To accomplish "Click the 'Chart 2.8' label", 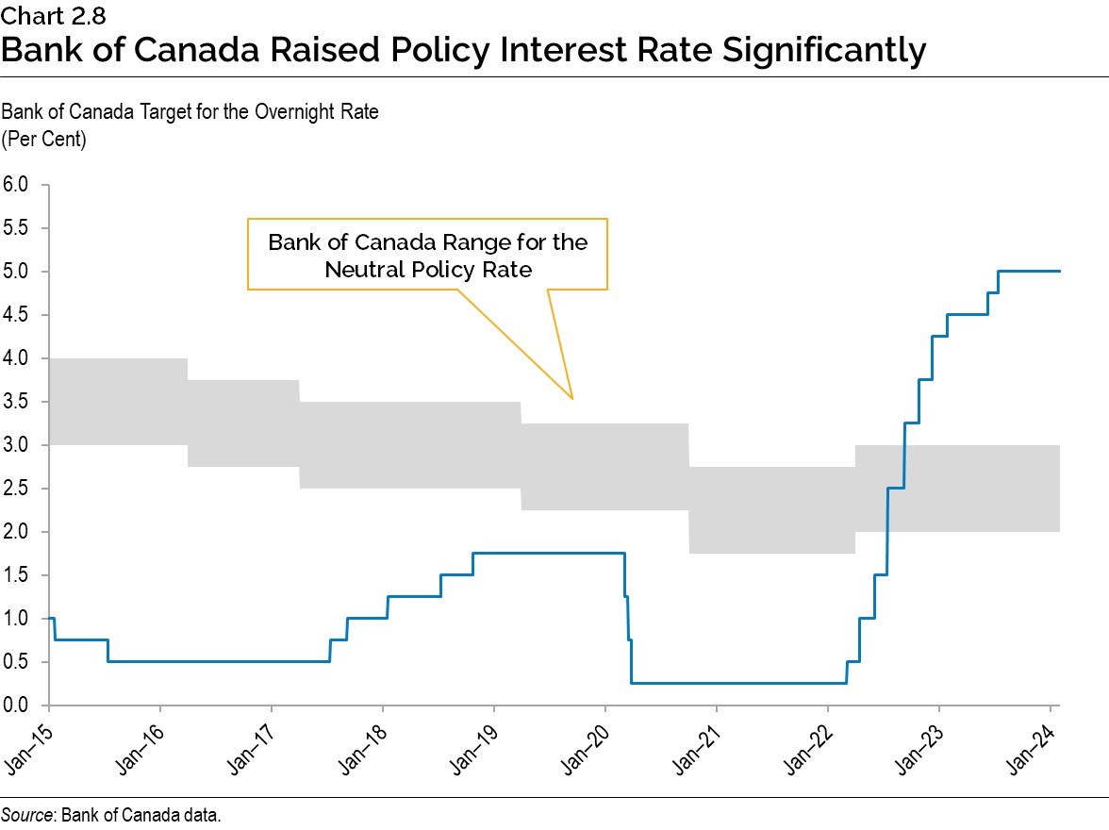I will coord(40,15).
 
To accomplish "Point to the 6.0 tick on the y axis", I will coord(18,185).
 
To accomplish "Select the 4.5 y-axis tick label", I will coord(18,315).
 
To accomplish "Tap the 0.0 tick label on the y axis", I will coord(18,705).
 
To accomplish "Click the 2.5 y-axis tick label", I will coord(18,489).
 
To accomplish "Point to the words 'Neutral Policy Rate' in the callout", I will coord(428,269).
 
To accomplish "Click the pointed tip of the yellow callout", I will coord(571,397).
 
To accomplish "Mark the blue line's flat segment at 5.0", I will coord(1028,272).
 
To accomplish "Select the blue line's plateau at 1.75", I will coord(547,553).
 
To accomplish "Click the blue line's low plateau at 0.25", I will coord(736,683).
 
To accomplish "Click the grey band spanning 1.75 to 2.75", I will coord(771,510).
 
